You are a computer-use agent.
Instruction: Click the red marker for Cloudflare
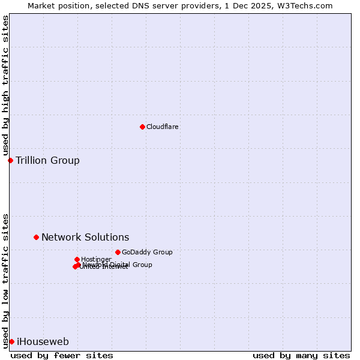(x=142, y=127)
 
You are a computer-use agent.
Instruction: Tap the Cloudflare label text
(x=163, y=127)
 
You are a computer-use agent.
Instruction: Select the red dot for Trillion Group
(x=10, y=160)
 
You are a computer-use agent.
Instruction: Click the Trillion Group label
(x=47, y=160)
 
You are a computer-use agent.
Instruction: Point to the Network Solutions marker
(x=36, y=237)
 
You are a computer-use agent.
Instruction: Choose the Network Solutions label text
(x=85, y=238)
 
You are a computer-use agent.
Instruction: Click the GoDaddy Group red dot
(x=118, y=252)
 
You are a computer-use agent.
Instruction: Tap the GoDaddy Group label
(x=147, y=253)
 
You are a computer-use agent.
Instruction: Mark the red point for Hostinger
(x=77, y=259)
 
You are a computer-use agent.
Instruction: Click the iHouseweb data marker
(x=11, y=341)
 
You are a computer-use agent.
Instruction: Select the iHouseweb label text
(x=43, y=342)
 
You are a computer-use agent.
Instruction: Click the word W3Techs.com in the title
(x=307, y=5)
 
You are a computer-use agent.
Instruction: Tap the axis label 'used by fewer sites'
(x=62, y=355)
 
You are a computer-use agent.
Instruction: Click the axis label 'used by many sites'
(x=301, y=355)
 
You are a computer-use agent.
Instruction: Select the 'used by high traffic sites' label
(x=5, y=86)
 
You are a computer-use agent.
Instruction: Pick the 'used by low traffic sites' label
(x=5, y=280)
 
